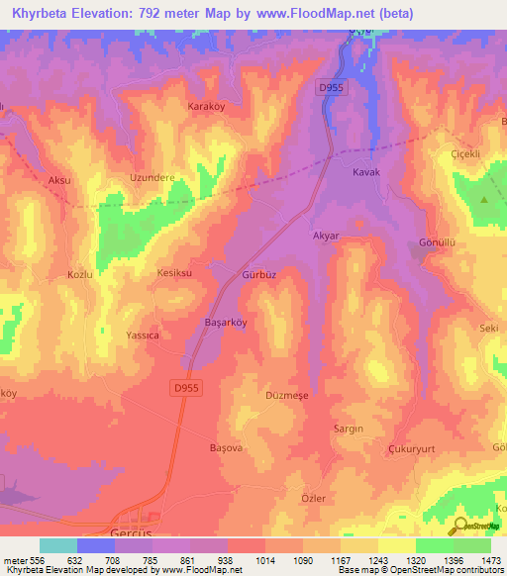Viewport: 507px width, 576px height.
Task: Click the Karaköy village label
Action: point(208,104)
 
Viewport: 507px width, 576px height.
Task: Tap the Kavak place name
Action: point(367,172)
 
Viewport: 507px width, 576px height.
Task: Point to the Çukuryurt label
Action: point(413,448)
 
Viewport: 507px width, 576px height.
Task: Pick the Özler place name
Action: point(314,498)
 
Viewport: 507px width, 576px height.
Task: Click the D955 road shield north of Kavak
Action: point(332,88)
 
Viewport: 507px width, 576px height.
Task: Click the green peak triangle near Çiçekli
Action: point(484,201)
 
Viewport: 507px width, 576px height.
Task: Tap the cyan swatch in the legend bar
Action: point(58,545)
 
